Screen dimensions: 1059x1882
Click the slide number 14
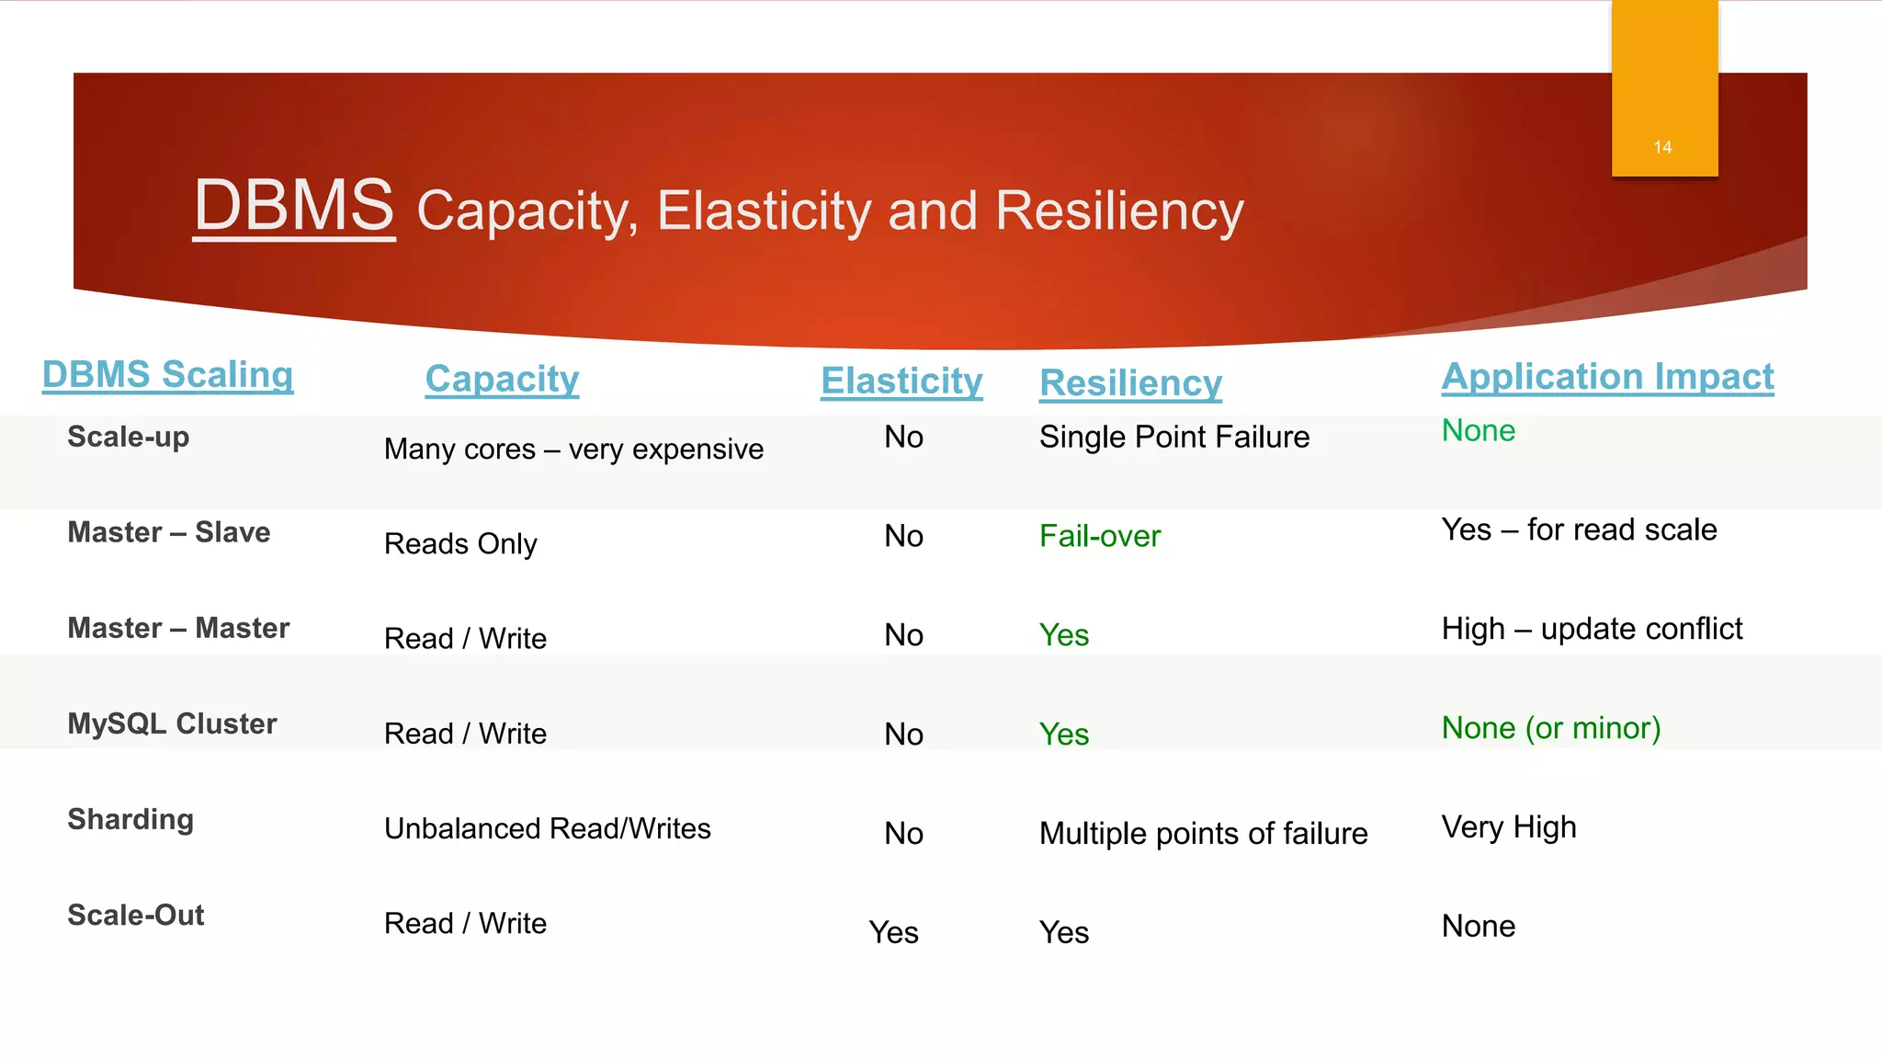pyautogui.click(x=1662, y=147)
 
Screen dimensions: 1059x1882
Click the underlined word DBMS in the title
pyautogui.click(x=294, y=206)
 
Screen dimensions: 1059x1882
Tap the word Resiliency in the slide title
pyautogui.click(x=1119, y=211)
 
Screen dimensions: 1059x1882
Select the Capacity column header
pyautogui.click(x=502, y=379)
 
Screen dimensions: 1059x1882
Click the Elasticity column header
pyautogui.click(x=901, y=381)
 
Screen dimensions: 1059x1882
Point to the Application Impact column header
pyautogui.click(x=1607, y=377)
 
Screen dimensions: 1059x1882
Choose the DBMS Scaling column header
pyautogui.click(x=168, y=375)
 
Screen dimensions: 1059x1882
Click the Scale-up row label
pyautogui.click(x=129, y=437)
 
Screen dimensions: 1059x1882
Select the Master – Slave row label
pyautogui.click(x=169, y=532)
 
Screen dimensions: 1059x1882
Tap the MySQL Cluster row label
pyautogui.click(x=172, y=723)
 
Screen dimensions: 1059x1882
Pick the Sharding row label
pyautogui.click(x=130, y=819)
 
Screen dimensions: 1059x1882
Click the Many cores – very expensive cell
pyautogui.click(x=573, y=450)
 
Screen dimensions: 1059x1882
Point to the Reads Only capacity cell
pyautogui.click(x=460, y=544)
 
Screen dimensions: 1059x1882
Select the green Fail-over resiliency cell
pyautogui.click(x=1100, y=536)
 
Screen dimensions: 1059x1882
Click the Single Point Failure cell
pyautogui.click(x=1174, y=437)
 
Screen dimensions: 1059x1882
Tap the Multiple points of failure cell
pyautogui.click(x=1203, y=834)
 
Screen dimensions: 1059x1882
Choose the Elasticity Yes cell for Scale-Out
pyautogui.click(x=893, y=933)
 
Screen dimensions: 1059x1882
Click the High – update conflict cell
pyautogui.click(x=1592, y=629)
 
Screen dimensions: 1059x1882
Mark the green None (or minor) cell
pyautogui.click(x=1551, y=728)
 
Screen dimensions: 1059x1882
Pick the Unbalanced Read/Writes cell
pyautogui.click(x=548, y=829)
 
